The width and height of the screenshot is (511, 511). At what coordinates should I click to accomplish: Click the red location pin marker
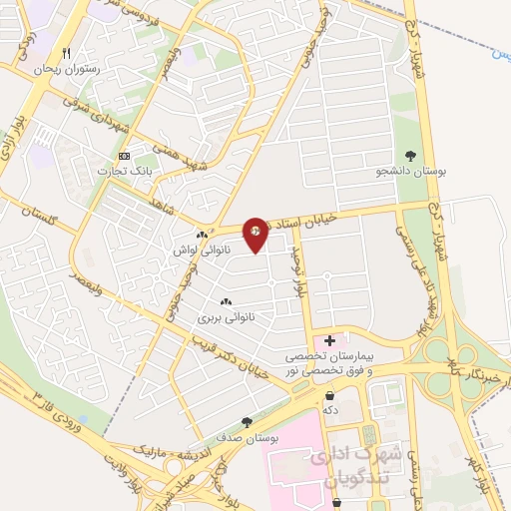(x=256, y=234)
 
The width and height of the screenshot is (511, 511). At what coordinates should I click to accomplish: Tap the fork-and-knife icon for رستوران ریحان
(x=66, y=54)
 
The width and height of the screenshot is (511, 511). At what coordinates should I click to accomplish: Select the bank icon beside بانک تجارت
(x=124, y=157)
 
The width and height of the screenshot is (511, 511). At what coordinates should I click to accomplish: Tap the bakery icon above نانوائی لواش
(x=202, y=235)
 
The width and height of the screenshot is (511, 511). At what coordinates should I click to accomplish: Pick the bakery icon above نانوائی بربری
(x=225, y=301)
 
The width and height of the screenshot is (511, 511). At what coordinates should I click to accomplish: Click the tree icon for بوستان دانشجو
(x=410, y=155)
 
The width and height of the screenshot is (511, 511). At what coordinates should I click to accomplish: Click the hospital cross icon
(x=330, y=341)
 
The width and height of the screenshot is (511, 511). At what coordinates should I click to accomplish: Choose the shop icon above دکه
(x=329, y=394)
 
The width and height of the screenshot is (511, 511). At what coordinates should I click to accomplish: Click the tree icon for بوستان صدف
(x=247, y=422)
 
